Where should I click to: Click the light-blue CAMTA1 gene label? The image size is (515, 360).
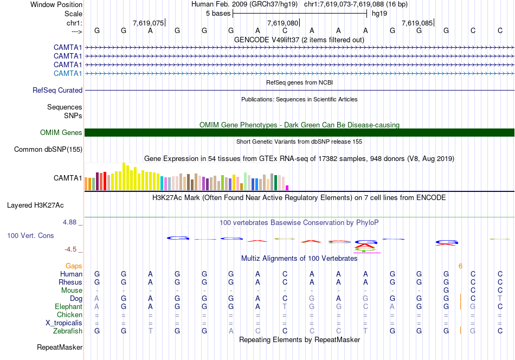(68, 73)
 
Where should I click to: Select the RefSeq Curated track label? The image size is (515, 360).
(57, 91)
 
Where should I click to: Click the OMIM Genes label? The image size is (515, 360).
(61, 133)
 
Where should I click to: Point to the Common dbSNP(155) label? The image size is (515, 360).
(48, 150)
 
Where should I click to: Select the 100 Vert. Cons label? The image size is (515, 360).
(30, 236)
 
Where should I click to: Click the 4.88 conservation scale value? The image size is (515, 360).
(70, 222)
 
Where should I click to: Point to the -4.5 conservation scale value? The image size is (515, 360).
(71, 249)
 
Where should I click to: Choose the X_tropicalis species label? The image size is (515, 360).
(64, 323)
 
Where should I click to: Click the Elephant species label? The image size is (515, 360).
(68, 307)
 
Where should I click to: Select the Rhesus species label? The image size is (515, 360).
(70, 282)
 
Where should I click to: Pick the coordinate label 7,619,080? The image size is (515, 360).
(282, 23)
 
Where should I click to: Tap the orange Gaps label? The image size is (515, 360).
(74, 266)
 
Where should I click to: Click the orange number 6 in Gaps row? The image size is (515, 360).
(460, 266)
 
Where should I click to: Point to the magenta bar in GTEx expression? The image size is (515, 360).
(287, 188)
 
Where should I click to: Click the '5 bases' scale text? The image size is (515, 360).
(218, 13)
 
